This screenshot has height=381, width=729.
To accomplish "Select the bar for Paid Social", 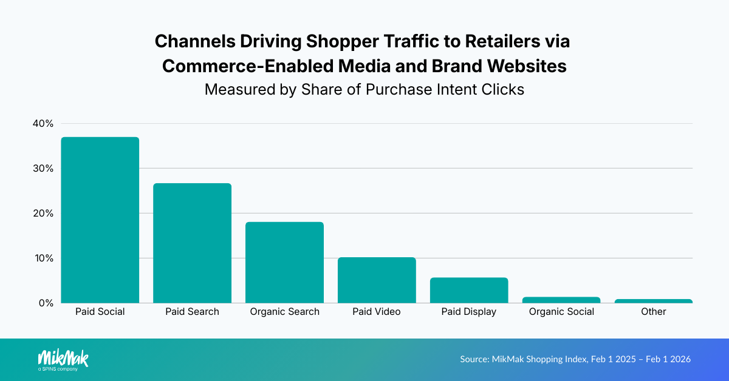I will point(100,220).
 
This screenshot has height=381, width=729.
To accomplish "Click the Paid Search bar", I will point(192,243).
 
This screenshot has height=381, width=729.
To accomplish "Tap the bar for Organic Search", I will point(284,262).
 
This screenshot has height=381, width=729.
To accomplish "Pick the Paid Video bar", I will point(377,280).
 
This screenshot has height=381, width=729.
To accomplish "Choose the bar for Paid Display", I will point(469,290).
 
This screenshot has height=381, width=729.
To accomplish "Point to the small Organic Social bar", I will point(561,300).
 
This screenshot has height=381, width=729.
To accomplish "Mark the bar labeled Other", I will point(654,301).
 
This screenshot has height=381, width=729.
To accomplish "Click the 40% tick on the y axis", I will point(43,124).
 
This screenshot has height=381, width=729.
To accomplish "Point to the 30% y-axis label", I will point(43,169).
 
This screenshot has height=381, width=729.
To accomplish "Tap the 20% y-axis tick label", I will point(43,214).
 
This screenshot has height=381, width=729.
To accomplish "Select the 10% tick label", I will point(43,258).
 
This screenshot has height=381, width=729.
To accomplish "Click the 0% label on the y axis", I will point(46,303).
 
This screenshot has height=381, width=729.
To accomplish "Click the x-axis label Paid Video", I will point(377,312).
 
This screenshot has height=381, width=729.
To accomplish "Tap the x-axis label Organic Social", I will point(561,312).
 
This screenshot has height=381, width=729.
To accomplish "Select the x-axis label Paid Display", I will point(469,312).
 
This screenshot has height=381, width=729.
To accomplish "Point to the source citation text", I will point(575,359).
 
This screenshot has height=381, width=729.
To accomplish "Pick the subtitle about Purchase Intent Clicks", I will point(364,89).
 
